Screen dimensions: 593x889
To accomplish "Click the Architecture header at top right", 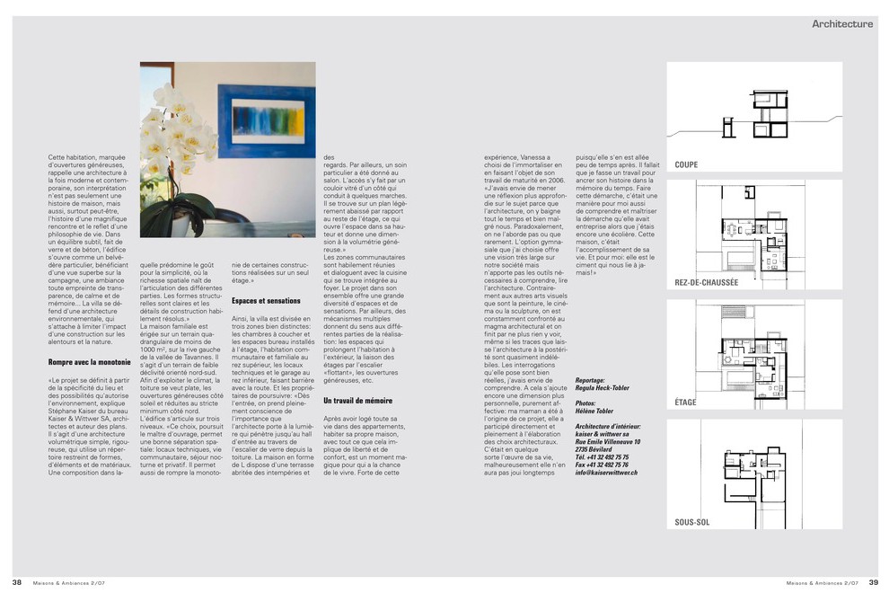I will point(841,24).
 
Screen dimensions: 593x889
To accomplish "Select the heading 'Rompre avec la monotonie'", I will point(90,361).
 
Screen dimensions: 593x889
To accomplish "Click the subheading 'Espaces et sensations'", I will point(266,300).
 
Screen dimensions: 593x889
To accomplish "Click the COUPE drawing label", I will point(687,165).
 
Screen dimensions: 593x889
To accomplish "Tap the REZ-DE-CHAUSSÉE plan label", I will point(707,282).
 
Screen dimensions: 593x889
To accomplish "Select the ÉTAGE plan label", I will point(686,403).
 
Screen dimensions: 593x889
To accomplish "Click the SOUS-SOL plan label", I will point(693,522).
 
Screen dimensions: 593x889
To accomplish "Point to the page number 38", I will point(16,580).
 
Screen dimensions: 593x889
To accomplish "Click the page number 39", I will point(872,580).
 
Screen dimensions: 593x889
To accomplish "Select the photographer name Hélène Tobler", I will point(594,411).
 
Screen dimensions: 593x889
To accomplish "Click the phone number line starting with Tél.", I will point(602,456).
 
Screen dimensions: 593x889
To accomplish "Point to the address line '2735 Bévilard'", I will point(596,449).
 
